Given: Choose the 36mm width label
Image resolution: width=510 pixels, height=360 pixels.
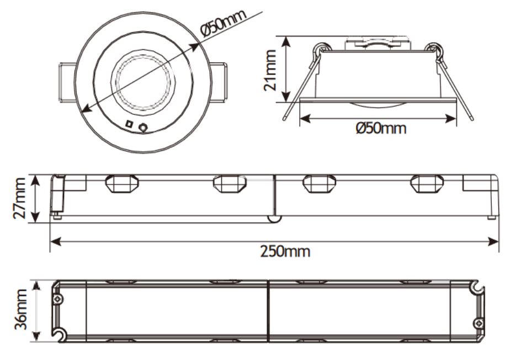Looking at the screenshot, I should (x=20, y=311).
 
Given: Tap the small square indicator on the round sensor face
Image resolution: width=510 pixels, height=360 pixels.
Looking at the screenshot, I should (x=129, y=124).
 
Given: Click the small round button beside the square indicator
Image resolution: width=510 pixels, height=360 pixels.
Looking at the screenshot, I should (x=144, y=128).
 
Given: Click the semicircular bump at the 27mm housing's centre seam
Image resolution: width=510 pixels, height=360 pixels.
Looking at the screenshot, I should (x=274, y=219).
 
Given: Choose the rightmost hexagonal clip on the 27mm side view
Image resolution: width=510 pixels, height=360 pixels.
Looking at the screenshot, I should (x=427, y=184).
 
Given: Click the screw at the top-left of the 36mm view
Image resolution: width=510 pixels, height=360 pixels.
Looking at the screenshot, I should (x=59, y=299).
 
